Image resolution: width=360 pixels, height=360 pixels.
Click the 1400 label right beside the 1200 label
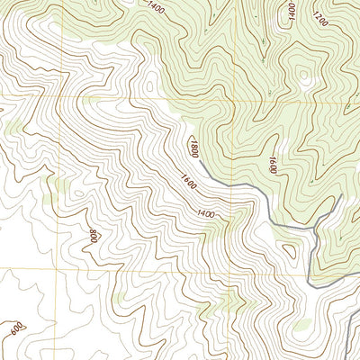coord(292,11)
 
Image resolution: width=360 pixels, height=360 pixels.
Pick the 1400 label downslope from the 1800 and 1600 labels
coord(206,213)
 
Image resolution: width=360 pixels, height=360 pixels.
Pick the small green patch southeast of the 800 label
coord(120,297)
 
